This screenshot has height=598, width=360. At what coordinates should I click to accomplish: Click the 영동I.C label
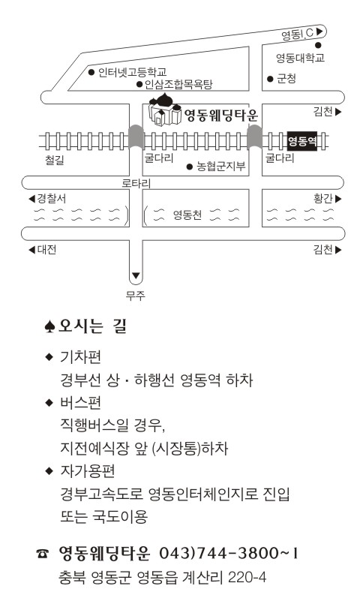(297, 35)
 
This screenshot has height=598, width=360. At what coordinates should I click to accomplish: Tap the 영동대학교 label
(300, 58)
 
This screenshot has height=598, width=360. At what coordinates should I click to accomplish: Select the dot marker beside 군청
(270, 79)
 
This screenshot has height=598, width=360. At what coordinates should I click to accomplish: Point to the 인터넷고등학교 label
(132, 72)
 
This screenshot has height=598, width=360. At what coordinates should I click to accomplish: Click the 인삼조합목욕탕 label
(178, 84)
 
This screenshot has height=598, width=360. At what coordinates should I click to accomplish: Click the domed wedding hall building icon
(165, 109)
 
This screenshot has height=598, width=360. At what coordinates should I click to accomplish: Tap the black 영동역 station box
(302, 141)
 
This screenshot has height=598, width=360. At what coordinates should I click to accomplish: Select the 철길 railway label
(55, 160)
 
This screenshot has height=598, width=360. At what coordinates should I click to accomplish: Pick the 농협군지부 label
(220, 167)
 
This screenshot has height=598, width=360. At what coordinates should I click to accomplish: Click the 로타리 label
(136, 183)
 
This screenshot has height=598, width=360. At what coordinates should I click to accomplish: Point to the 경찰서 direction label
(48, 198)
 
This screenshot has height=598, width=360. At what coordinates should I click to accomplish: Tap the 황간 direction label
(327, 198)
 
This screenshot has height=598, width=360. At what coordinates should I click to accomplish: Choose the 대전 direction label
(43, 250)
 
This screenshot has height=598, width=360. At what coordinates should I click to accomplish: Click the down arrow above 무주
(136, 275)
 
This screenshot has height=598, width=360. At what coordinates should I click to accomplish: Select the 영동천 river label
(187, 215)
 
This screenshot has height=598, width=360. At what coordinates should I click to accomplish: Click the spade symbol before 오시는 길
(49, 326)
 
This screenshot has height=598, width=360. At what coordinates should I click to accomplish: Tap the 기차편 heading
(80, 357)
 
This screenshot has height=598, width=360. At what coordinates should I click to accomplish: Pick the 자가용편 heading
(87, 471)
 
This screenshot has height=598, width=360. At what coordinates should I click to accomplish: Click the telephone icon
(43, 554)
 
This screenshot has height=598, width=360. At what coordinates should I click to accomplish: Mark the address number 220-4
(247, 577)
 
